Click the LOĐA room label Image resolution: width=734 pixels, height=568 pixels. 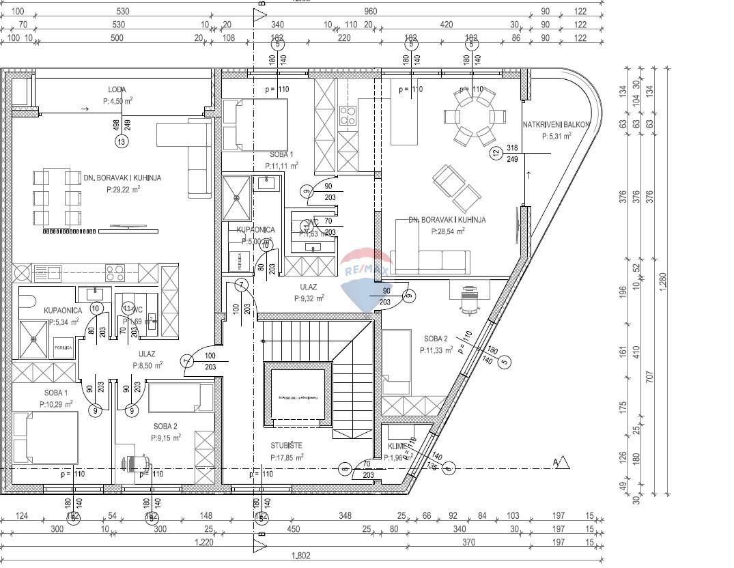pos(117,89)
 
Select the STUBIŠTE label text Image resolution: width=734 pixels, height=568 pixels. pos(286,446)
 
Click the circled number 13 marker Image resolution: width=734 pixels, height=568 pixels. pos(122,142)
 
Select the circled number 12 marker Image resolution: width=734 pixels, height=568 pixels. pos(496,154)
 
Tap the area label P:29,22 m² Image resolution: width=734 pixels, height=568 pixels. pos(122,189)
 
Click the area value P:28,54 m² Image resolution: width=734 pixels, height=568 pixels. pos(447,231)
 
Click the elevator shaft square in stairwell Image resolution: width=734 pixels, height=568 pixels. pos(299,397)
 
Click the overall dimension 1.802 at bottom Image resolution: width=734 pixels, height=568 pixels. pos(301,556)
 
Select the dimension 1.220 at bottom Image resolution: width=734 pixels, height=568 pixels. pos(204,542)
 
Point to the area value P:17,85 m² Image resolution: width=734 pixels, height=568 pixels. pos(286,457)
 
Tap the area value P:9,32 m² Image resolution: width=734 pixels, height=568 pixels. pos(309,298)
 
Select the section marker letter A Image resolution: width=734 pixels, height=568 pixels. pos(556,464)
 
